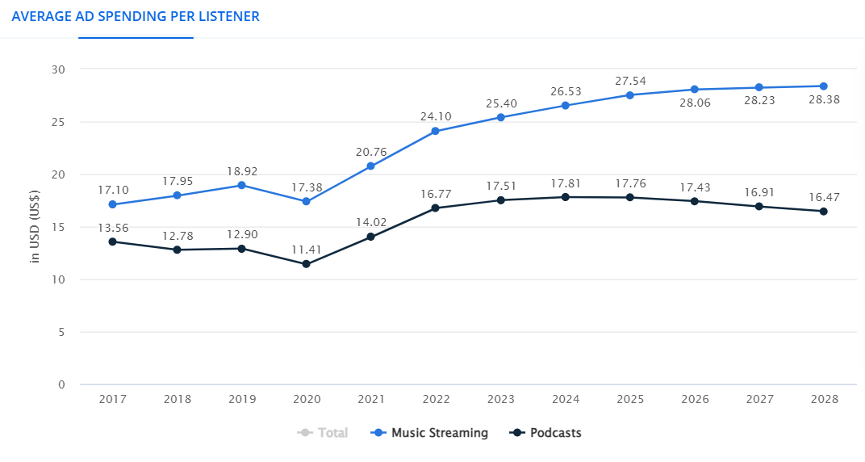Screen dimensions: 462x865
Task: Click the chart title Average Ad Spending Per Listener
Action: click(136, 16)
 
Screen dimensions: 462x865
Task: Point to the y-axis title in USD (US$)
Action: click(35, 226)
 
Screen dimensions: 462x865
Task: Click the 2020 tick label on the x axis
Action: click(306, 399)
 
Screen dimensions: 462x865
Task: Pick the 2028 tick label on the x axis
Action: click(823, 399)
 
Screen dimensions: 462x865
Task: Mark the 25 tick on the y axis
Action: click(58, 122)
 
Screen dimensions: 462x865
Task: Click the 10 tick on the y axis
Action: click(58, 279)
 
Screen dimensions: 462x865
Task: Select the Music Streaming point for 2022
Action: click(436, 131)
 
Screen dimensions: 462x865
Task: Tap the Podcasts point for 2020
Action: click(306, 264)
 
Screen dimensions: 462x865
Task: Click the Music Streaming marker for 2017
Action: click(112, 204)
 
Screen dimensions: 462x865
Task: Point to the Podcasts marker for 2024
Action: click(565, 197)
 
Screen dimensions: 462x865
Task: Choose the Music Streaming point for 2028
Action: click(823, 86)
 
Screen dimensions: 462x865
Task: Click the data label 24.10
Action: click(436, 116)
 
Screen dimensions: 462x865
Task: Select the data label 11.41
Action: click(306, 250)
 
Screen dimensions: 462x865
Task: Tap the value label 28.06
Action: click(694, 104)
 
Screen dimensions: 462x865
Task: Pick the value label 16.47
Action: click(823, 196)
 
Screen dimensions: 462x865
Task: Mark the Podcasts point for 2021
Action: click(370, 237)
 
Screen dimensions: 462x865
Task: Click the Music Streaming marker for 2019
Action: click(241, 185)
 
